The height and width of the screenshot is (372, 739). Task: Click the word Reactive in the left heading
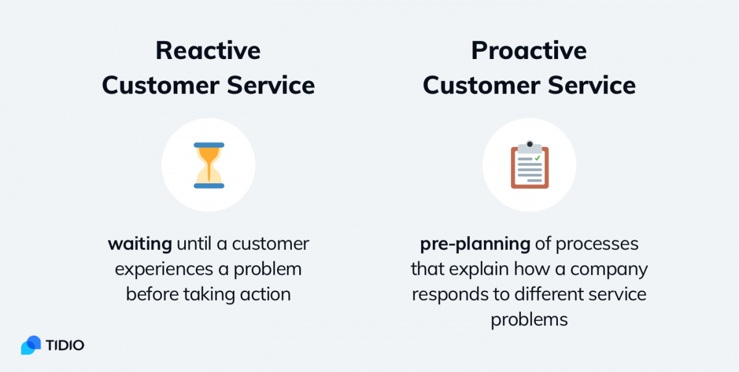[x=208, y=50]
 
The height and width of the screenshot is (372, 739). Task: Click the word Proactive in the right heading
[x=529, y=50]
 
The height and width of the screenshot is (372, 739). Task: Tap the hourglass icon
[x=209, y=165]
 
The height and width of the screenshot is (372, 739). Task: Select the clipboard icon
[x=530, y=165]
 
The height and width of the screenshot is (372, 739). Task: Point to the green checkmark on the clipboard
[x=538, y=158]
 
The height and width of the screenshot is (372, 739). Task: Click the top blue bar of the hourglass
[x=209, y=145]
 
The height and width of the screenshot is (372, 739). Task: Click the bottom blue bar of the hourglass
[x=209, y=186]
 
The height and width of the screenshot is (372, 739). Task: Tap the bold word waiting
[x=140, y=245]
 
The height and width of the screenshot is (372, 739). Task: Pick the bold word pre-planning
[x=475, y=245]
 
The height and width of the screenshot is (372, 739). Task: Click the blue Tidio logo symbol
[x=31, y=345]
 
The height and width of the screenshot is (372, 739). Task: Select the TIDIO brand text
[x=65, y=345]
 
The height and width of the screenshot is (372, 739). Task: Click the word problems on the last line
[x=529, y=320]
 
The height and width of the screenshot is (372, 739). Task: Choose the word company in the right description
[x=609, y=269]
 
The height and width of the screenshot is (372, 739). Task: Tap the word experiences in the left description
[x=164, y=269]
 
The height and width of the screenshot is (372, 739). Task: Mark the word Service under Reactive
[x=271, y=85]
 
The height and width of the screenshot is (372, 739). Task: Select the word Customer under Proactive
[x=481, y=85]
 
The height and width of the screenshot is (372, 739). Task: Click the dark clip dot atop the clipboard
[x=530, y=144]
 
